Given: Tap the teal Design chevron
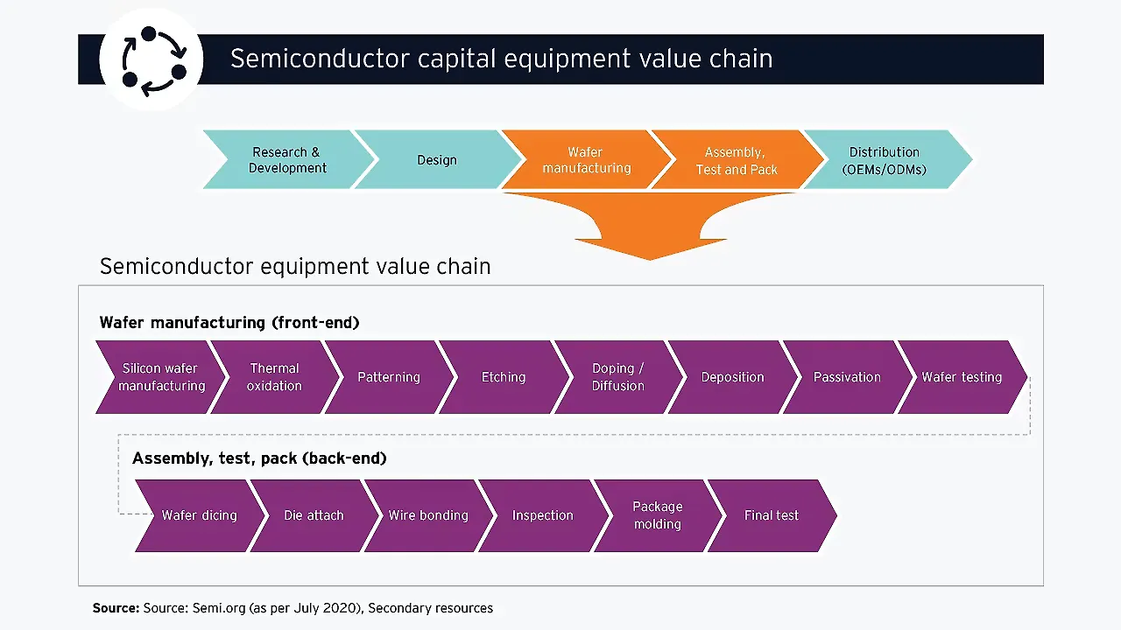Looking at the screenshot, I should click(x=436, y=159).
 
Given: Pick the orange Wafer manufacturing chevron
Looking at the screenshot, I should click(x=585, y=159).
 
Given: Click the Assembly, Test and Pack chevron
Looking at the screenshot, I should click(x=736, y=159).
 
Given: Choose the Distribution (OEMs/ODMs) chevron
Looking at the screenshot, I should click(x=885, y=159).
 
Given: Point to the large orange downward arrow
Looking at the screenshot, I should click(x=650, y=227).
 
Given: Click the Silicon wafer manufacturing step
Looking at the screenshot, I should click(x=159, y=377).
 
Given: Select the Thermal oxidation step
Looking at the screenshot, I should click(x=274, y=377).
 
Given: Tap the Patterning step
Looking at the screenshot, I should click(x=389, y=377).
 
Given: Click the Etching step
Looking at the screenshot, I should click(x=504, y=377).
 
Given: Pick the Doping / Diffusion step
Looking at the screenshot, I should click(x=617, y=377).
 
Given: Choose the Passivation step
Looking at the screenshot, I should click(x=847, y=377).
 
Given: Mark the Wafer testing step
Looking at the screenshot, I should click(x=961, y=377).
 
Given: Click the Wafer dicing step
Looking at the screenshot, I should click(x=200, y=515).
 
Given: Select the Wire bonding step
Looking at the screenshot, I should click(x=428, y=515).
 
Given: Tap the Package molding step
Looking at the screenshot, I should click(x=657, y=515).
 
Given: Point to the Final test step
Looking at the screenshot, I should click(x=771, y=515).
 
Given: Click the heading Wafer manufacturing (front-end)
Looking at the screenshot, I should click(x=229, y=323).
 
